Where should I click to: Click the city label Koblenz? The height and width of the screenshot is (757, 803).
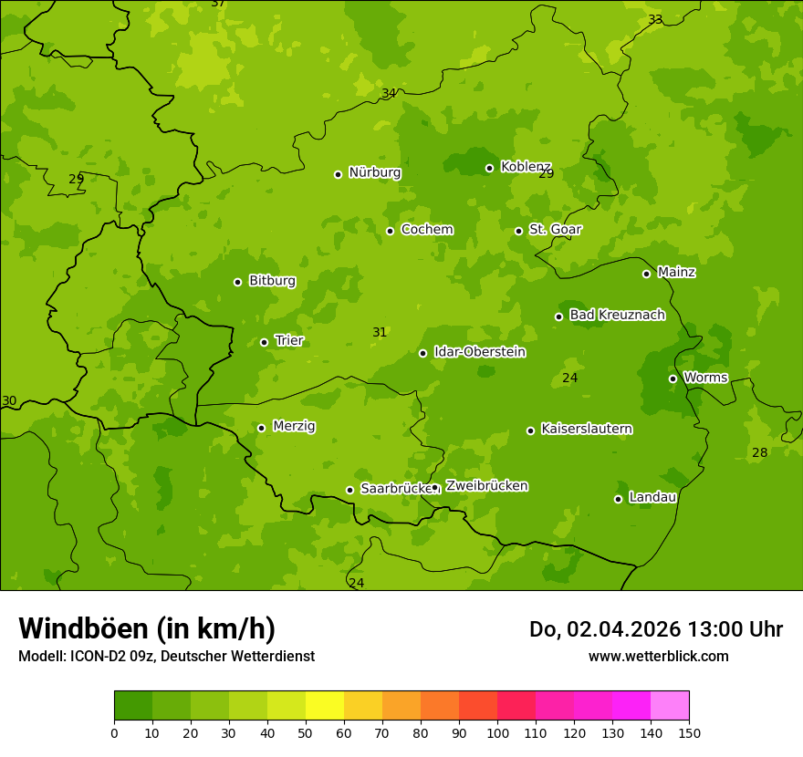tap(526, 167)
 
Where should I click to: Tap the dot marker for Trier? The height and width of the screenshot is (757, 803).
tap(265, 342)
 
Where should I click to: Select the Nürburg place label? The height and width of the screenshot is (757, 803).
tap(374, 172)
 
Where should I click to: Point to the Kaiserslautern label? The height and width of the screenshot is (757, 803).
tap(587, 429)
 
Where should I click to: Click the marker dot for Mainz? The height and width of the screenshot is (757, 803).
tap(646, 274)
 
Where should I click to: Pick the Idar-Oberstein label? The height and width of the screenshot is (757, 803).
tap(479, 352)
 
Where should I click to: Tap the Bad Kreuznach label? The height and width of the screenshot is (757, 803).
tap(617, 315)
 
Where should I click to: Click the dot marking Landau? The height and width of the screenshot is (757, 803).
tap(618, 499)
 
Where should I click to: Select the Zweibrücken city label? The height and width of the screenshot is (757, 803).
tap(486, 486)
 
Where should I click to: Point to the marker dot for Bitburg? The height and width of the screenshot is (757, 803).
tap(237, 282)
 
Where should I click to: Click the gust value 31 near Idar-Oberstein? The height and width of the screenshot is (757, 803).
tap(380, 333)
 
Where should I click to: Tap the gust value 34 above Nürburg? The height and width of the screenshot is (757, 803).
tap(389, 93)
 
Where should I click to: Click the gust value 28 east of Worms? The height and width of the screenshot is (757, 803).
tap(759, 453)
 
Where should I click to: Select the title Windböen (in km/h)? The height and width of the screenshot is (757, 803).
tap(147, 628)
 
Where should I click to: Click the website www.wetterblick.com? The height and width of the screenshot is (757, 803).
tap(658, 656)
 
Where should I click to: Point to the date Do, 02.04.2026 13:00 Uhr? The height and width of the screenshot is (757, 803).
tap(656, 629)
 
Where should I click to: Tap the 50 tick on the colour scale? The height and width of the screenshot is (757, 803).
tap(306, 732)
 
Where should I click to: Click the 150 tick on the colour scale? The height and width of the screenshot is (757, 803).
tap(689, 732)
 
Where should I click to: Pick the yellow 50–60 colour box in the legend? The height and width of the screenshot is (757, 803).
tap(325, 706)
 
